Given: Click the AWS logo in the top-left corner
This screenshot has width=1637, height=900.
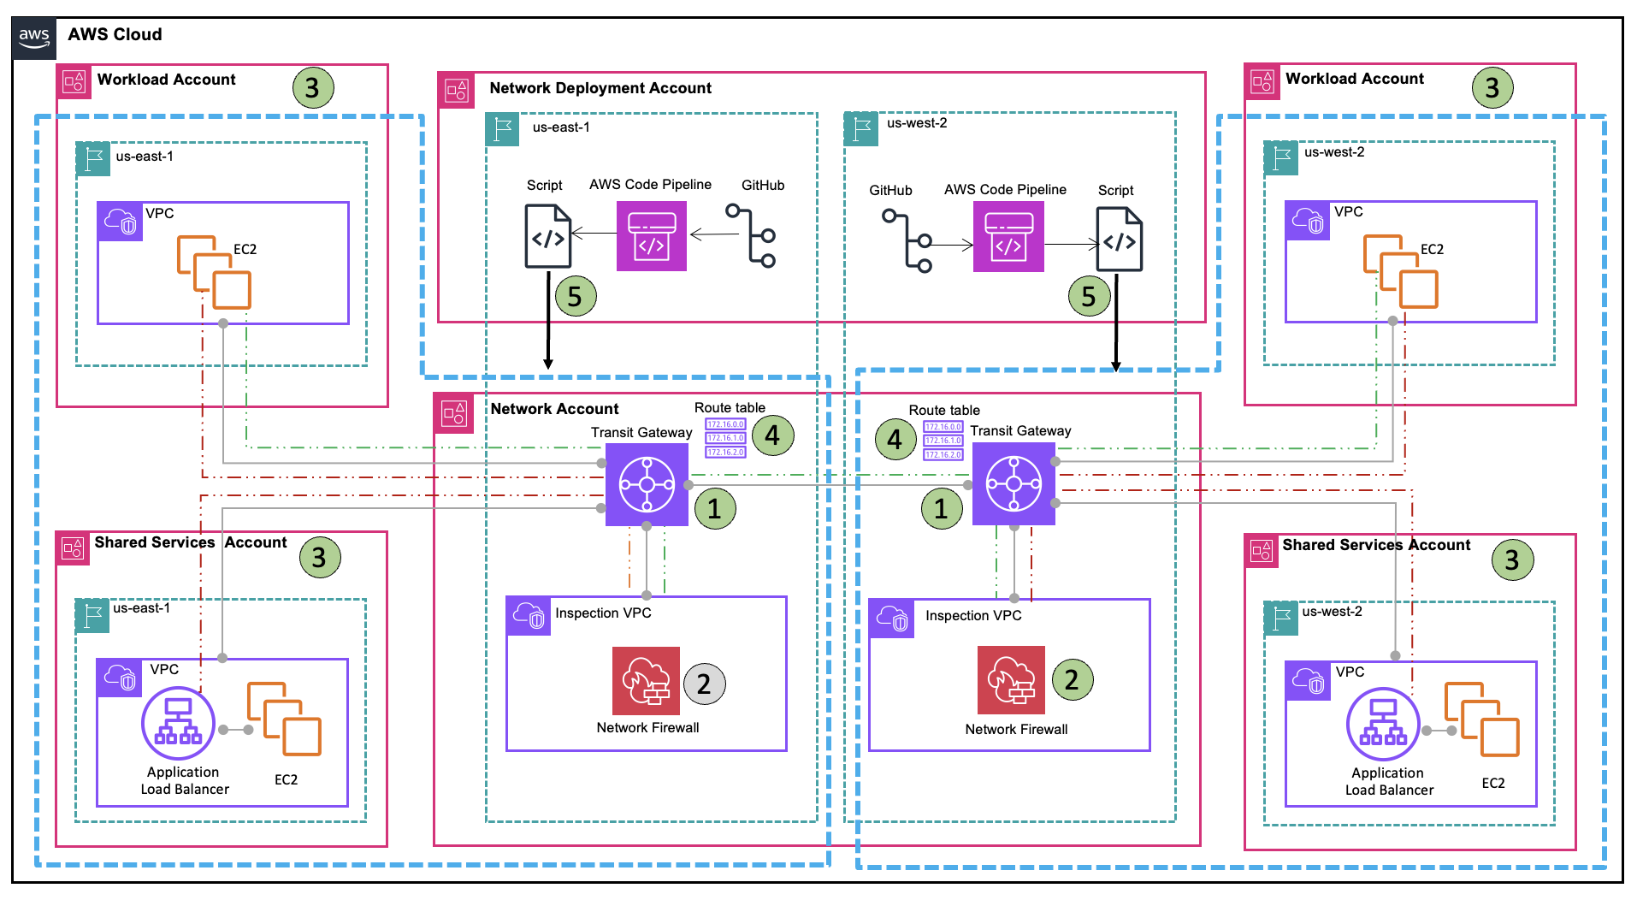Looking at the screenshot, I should pos(34,37).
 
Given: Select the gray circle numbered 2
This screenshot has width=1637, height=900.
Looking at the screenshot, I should pos(704,684).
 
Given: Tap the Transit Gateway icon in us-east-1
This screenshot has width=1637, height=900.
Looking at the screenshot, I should pos(647,484).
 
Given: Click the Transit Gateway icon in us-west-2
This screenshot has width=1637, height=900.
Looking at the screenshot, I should pos(1014,483).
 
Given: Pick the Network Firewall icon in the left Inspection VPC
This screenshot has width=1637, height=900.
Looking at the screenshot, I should pos(646,681).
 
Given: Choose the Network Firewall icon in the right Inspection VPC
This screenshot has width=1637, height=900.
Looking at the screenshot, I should pos(1011,680).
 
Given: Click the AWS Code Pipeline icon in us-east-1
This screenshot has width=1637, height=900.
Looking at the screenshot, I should pos(651,236).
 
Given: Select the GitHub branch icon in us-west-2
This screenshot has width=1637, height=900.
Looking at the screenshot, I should pos(907,240).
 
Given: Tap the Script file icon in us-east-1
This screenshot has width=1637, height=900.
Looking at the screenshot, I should pos(547,236).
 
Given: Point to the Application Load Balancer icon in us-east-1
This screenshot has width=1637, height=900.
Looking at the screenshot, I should pos(178,723).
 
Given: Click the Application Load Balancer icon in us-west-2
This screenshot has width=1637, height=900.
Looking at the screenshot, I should pos(1383,724).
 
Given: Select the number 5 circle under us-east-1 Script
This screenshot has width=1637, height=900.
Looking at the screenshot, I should pos(575,297).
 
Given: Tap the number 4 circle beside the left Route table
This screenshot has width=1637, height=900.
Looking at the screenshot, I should pos(772,435).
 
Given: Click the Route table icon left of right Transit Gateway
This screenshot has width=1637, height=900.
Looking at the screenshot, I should pos(943,440).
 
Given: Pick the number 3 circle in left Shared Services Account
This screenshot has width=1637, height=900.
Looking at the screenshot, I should pos(319,558).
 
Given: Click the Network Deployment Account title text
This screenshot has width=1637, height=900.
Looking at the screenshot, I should pos(600,88).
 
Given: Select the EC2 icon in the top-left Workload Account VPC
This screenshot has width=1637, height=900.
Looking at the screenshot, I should pos(214,273).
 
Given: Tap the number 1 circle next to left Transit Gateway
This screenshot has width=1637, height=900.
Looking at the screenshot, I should pos(714,509).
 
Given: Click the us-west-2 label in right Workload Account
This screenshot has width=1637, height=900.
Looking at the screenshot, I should pos(1333,152).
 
